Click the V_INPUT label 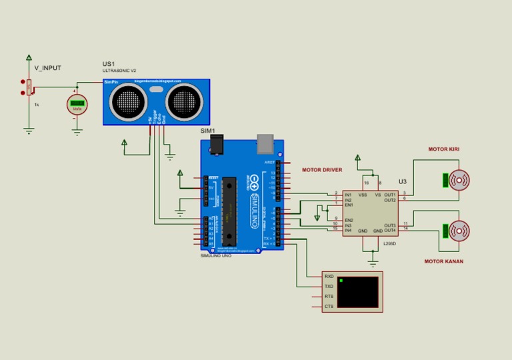point(47,68)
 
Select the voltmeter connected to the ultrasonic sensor point(77,104)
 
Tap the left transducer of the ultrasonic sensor point(127,101)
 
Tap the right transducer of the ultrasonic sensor point(183,101)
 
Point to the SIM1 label point(208,131)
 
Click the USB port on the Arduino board point(265,142)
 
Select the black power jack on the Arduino point(215,144)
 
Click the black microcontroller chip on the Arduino point(229,209)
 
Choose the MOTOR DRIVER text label point(322,170)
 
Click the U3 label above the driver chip point(402,181)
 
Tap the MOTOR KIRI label point(443,149)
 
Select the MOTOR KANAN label point(443,261)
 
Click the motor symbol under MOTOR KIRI point(459,181)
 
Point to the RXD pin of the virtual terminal point(329,276)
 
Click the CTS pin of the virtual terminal point(329,307)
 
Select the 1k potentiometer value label point(37,105)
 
